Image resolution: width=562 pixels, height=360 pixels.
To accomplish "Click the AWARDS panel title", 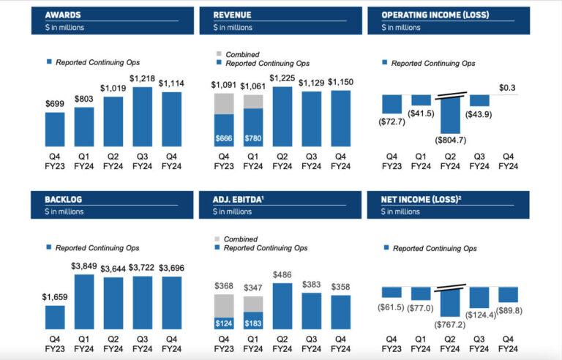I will pos(62,15).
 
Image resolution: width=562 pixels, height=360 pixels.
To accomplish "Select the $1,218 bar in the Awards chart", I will pos(143,117).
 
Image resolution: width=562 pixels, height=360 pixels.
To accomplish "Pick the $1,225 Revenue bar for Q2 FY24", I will pos(282,117).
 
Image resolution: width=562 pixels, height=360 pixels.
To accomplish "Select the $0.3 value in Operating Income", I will pos(508,88).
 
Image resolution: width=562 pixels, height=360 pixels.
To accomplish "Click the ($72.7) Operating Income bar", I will pos(392,103).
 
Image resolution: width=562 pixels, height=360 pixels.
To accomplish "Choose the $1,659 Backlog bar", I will pos(55,317).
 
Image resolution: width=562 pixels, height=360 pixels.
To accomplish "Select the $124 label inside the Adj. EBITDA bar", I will pos(223,323).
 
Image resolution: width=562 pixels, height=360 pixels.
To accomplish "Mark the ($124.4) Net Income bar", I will pos(479,296).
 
